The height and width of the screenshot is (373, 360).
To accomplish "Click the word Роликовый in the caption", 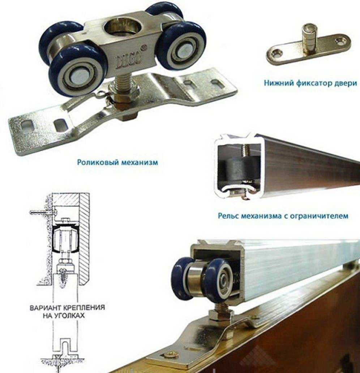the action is coord(98,162).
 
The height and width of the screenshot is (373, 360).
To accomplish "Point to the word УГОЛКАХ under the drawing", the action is coord(70,316).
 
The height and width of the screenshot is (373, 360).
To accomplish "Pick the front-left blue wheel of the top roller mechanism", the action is coord(76,70).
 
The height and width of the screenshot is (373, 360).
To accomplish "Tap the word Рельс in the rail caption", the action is coord(228,216).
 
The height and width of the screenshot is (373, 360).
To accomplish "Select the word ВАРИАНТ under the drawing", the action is coord(45,308).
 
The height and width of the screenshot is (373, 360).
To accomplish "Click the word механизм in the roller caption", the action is coord(140,162).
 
